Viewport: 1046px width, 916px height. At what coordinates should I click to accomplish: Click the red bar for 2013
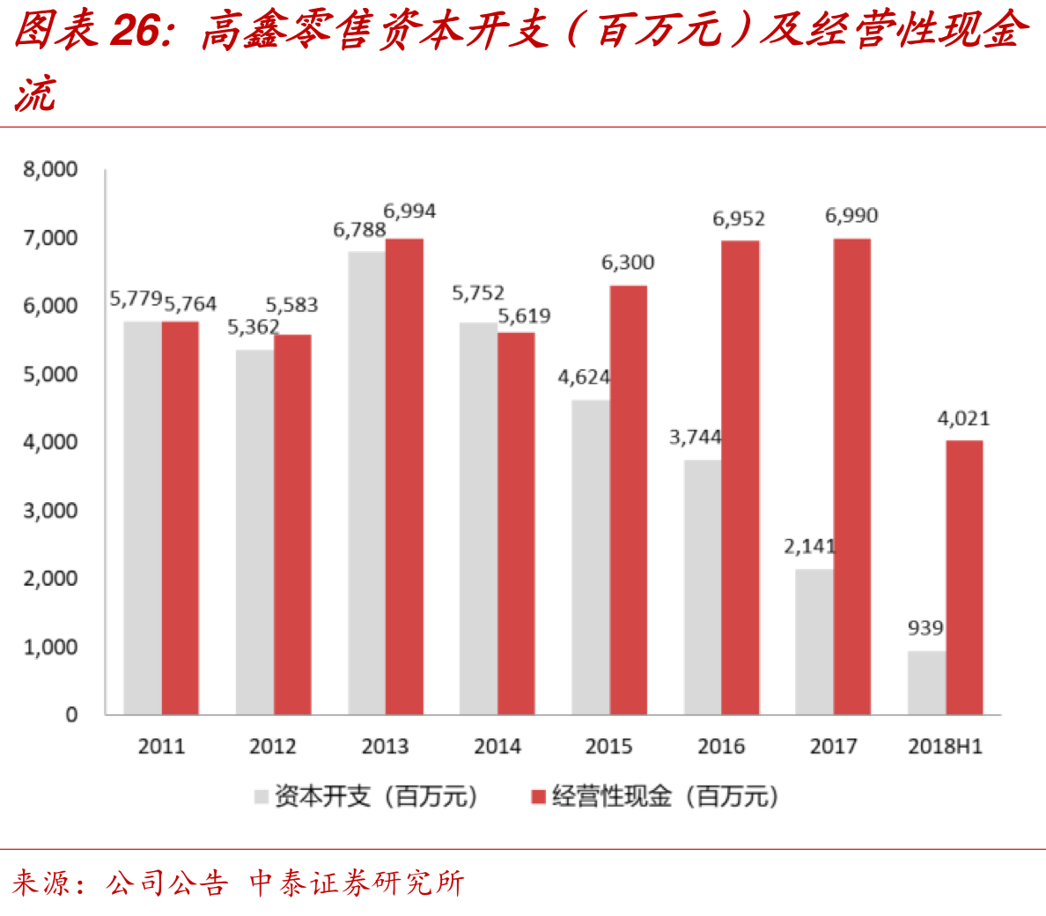coord(404,476)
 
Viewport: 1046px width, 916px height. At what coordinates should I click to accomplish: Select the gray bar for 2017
coord(814,641)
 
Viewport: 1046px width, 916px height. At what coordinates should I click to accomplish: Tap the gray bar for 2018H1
coord(926,683)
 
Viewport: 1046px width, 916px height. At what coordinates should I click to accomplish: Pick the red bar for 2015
coord(628,499)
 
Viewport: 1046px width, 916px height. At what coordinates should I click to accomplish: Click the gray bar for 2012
coord(254,532)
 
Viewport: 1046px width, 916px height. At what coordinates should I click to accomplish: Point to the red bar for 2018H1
coord(964,577)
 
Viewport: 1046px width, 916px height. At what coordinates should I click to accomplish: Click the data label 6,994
coord(409,211)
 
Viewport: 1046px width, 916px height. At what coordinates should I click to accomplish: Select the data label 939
coord(925,628)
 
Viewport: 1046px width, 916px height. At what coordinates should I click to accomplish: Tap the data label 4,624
coord(584,377)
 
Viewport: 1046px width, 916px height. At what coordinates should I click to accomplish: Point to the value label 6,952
coord(739,218)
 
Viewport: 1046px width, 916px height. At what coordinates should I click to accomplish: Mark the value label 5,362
coord(254,328)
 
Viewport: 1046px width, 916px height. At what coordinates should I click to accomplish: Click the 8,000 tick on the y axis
coord(51,169)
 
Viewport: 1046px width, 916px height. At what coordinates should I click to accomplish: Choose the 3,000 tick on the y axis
coord(51,511)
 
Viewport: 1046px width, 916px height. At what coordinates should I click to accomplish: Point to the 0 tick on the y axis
coord(71,715)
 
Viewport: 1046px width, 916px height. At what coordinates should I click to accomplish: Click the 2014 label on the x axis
coord(497,747)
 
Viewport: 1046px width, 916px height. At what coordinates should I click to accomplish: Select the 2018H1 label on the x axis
coord(945,747)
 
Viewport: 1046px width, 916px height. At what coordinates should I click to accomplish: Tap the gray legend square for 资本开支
coord(261,797)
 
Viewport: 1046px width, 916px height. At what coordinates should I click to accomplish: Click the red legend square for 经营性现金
coord(539,797)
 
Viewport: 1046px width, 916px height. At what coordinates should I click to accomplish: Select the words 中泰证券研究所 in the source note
coord(357,883)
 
